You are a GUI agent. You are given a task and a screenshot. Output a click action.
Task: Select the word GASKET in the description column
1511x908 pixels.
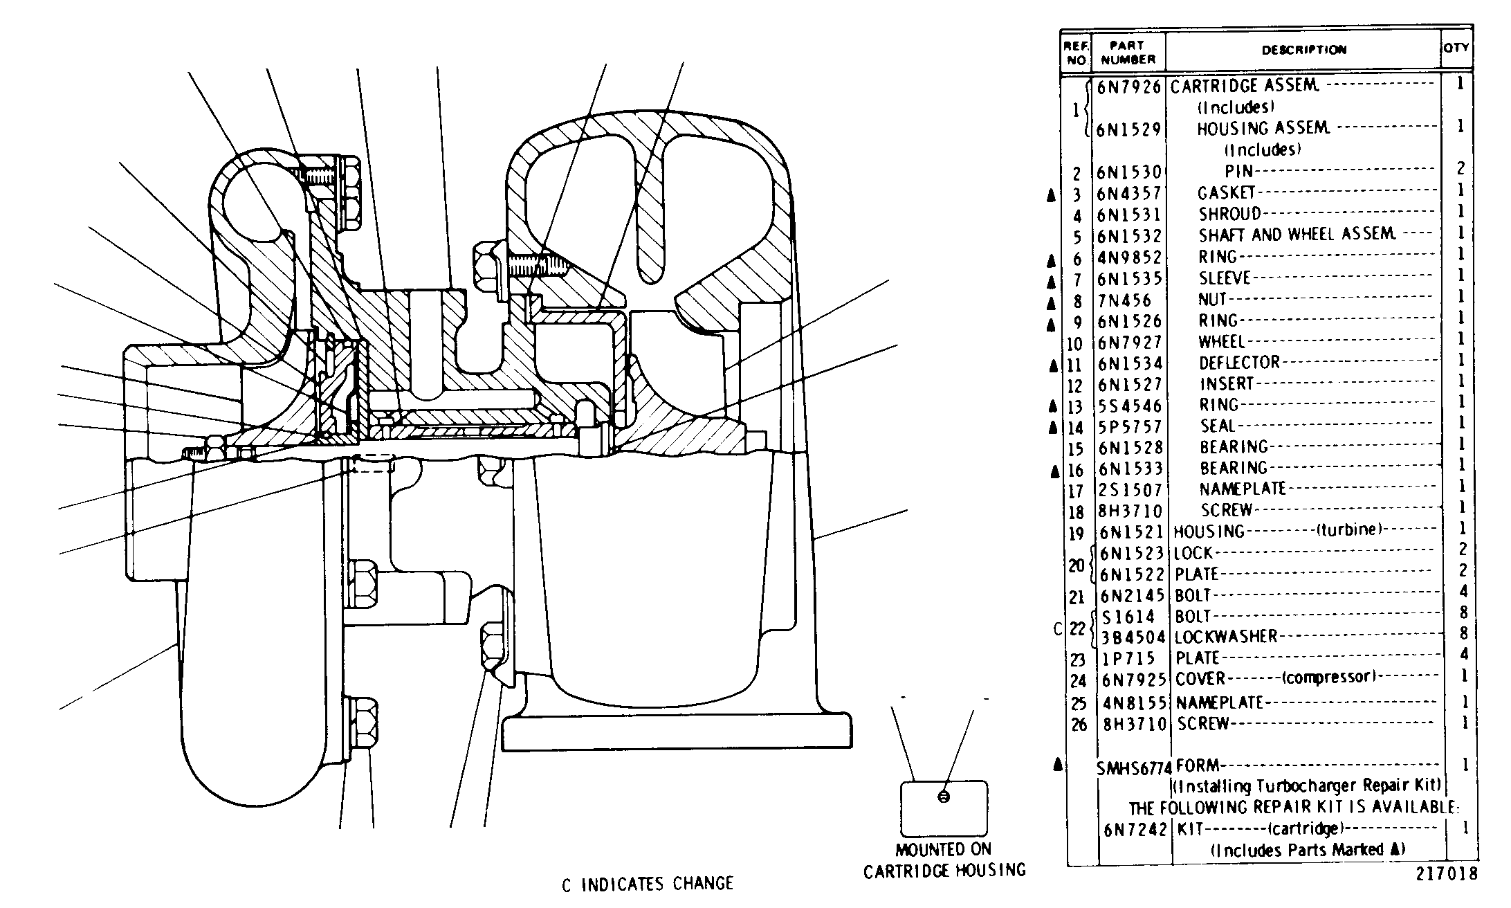(x=1227, y=193)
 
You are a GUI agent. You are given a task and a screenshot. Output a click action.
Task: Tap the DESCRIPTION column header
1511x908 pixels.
(x=1304, y=50)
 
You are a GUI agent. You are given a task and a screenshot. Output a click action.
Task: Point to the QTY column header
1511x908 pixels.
(x=1456, y=48)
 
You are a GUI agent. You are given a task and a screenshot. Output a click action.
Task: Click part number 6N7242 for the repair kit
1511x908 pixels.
(x=1135, y=830)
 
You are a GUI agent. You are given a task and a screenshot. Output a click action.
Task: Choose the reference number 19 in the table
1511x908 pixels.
(x=1076, y=534)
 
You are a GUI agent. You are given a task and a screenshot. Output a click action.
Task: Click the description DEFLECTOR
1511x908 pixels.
(x=1240, y=363)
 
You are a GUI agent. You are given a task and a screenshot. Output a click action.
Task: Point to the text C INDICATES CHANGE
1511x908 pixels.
(x=647, y=884)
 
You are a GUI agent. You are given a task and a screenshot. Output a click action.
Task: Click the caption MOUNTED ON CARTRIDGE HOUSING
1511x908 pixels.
(x=944, y=860)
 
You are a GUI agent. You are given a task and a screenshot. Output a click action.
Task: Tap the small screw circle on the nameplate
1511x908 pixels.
(x=944, y=797)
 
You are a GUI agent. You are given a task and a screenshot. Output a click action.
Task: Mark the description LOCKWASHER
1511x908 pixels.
(x=1226, y=637)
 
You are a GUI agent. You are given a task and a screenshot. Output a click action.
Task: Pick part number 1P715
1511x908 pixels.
(x=1129, y=659)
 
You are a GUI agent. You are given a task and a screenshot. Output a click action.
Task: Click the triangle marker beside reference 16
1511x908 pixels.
(x=1054, y=472)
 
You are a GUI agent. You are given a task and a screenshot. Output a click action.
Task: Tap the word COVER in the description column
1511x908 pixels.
(x=1200, y=679)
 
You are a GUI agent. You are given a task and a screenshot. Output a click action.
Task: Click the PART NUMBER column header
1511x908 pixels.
(x=1128, y=53)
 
